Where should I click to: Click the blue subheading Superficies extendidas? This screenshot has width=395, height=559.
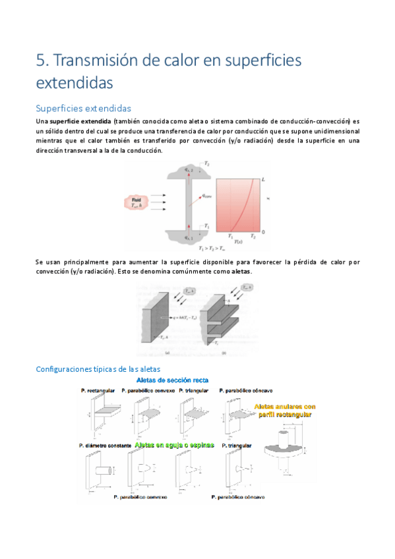coord(83,108)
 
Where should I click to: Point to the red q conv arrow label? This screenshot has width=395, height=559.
coord(206,196)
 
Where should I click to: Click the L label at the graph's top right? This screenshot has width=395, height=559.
coord(263,179)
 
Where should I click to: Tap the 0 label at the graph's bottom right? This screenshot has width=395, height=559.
coord(263,233)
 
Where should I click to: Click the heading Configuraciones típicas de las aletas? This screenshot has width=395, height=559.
coord(98,369)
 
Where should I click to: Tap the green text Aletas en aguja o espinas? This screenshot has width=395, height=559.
coord(174,445)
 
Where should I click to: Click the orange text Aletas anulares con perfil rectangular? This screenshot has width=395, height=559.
coord(283,411)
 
